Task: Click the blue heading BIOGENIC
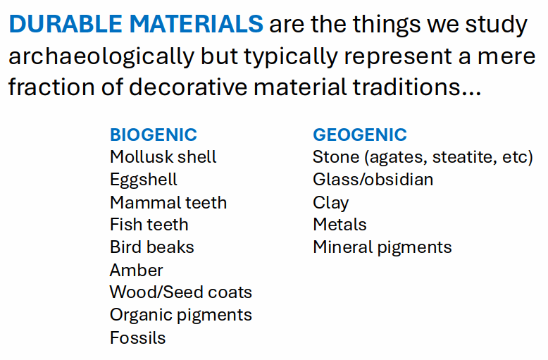coord(154,135)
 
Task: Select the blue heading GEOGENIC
coord(360,135)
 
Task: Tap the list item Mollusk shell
coord(163,157)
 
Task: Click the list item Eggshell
coord(144,180)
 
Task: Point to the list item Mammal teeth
coord(168,203)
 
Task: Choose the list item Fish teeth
coord(149,225)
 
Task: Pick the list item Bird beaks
coord(152,247)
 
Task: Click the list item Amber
coord(137,270)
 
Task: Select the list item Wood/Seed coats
coord(181,292)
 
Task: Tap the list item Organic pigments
coord(181,316)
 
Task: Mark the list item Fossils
coord(137,338)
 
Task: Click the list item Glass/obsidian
coord(373,180)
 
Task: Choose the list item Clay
coord(330,203)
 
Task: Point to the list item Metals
coord(340,225)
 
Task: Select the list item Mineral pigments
coord(382,248)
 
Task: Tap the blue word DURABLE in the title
coord(66,24)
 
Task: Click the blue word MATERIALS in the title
coord(197,24)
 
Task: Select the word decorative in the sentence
coord(188,87)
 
